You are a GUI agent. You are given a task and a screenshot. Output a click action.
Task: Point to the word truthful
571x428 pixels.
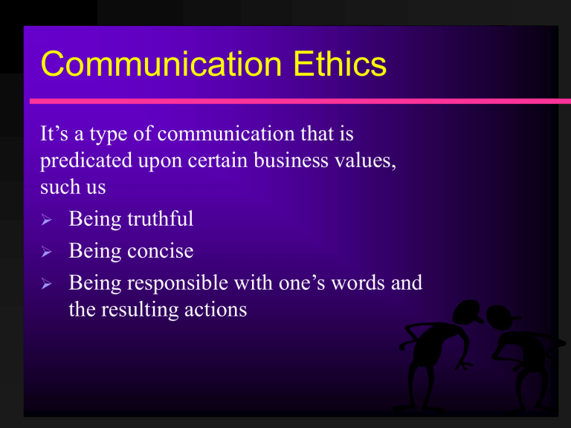tap(158, 219)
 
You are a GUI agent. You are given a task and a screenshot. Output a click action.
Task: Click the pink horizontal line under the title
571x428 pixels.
tap(297, 100)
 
